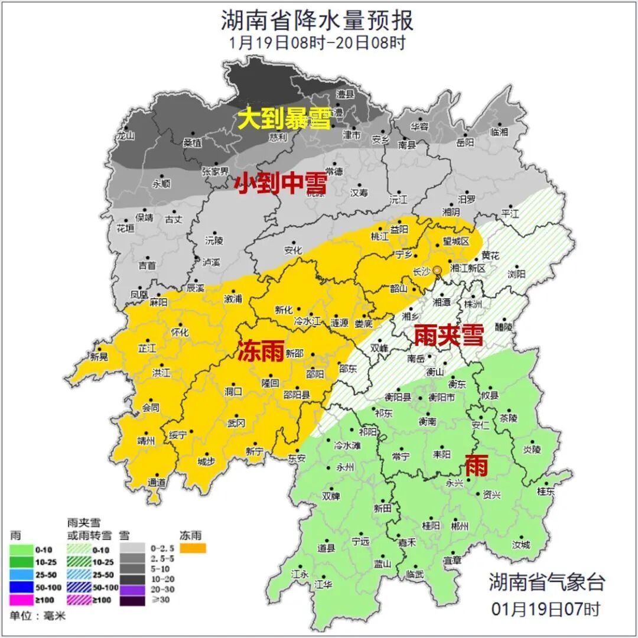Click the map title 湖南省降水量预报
coord(317,21)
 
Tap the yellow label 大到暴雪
coord(284,120)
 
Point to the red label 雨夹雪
coord(448,336)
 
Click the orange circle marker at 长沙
coord(437,270)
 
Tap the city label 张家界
coord(215,171)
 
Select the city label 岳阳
coord(465,142)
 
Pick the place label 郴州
coord(459,526)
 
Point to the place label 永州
coord(345,467)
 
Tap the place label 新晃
coord(99,356)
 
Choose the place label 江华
coord(324,584)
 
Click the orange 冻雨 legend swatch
coord(193,549)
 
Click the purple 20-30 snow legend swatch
coord(131,590)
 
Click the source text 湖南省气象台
coord(546,582)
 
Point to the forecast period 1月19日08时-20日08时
coord(317,43)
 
